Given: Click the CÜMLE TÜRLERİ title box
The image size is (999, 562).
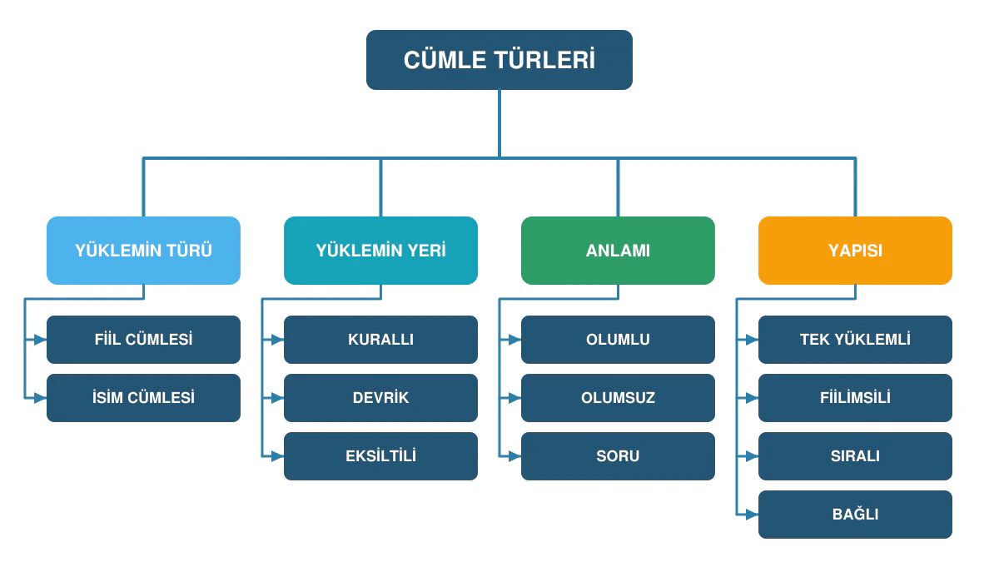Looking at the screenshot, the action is pos(499,60).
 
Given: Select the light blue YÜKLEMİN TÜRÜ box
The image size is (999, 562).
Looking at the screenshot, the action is pos(143,251).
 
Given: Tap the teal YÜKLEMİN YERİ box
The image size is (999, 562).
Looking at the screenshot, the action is pos(380,251).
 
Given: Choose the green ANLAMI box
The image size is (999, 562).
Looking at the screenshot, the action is pos(618,251).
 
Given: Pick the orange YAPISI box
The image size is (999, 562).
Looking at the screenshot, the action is pos(855,251).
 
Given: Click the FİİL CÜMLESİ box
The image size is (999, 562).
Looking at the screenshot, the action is pos(143,340).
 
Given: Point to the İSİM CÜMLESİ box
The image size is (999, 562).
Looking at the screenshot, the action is pos(143,398).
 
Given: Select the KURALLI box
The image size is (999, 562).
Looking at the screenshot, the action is pos(380,340).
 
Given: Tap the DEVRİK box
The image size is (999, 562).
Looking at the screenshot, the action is pos(380,398).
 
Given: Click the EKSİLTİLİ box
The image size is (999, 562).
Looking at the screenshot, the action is pos(380,456).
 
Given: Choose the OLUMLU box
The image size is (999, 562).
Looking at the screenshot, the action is pos(618,340).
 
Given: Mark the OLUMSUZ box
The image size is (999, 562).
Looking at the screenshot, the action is pos(618,398).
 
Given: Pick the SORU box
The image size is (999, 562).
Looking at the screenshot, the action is pos(618,456).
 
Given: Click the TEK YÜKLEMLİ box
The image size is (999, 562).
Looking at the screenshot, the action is pos(855,340).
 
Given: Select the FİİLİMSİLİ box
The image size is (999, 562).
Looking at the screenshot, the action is pos(855,398).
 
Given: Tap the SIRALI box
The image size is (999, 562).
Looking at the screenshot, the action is pos(855,456).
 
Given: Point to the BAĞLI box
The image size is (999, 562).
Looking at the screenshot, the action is pos(855,515).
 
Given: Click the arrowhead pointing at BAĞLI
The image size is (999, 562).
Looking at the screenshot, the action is pos(752,515).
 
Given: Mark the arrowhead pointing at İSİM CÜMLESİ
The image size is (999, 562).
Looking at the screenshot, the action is pos(40,398).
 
